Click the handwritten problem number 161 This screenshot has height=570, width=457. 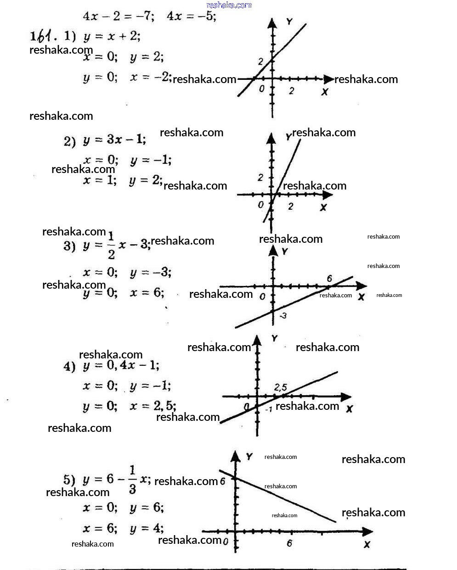click(x=42, y=36)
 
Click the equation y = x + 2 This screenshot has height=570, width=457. click(x=112, y=36)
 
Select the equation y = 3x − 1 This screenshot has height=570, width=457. click(x=114, y=140)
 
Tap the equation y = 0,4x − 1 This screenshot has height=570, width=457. click(x=121, y=366)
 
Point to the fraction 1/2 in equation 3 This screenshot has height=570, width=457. click(x=111, y=245)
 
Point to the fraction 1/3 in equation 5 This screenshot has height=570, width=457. click(x=132, y=480)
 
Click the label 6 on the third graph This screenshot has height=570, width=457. click(x=329, y=279)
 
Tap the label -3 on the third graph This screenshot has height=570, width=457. click(x=283, y=315)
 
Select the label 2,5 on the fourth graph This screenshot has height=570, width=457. click(x=280, y=388)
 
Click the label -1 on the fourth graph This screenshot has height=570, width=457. click(x=269, y=409)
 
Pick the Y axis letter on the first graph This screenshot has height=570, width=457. click(x=289, y=22)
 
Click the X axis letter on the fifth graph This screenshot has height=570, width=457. click(x=367, y=544)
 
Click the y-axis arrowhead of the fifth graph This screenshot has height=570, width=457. click(x=236, y=456)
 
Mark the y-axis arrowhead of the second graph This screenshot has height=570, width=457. click(x=271, y=138)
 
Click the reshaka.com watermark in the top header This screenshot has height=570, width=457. click(x=229, y=5)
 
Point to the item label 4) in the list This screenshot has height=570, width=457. click(x=69, y=366)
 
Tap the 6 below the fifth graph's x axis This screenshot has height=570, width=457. click(x=289, y=543)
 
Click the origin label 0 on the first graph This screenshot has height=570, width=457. click(x=261, y=89)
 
